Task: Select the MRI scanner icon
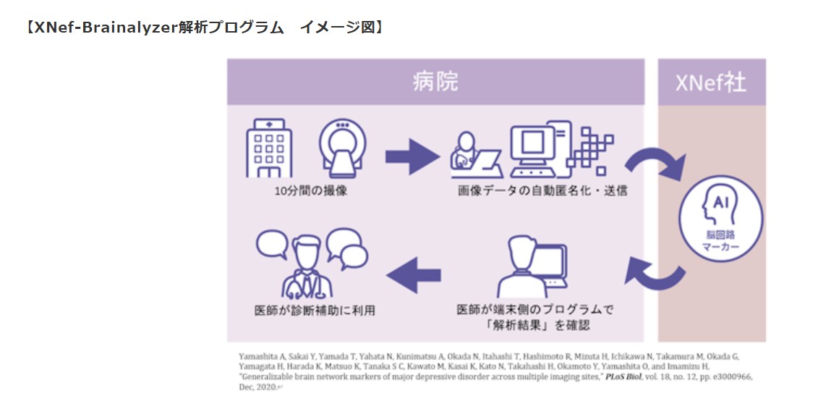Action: tap(342, 148)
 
